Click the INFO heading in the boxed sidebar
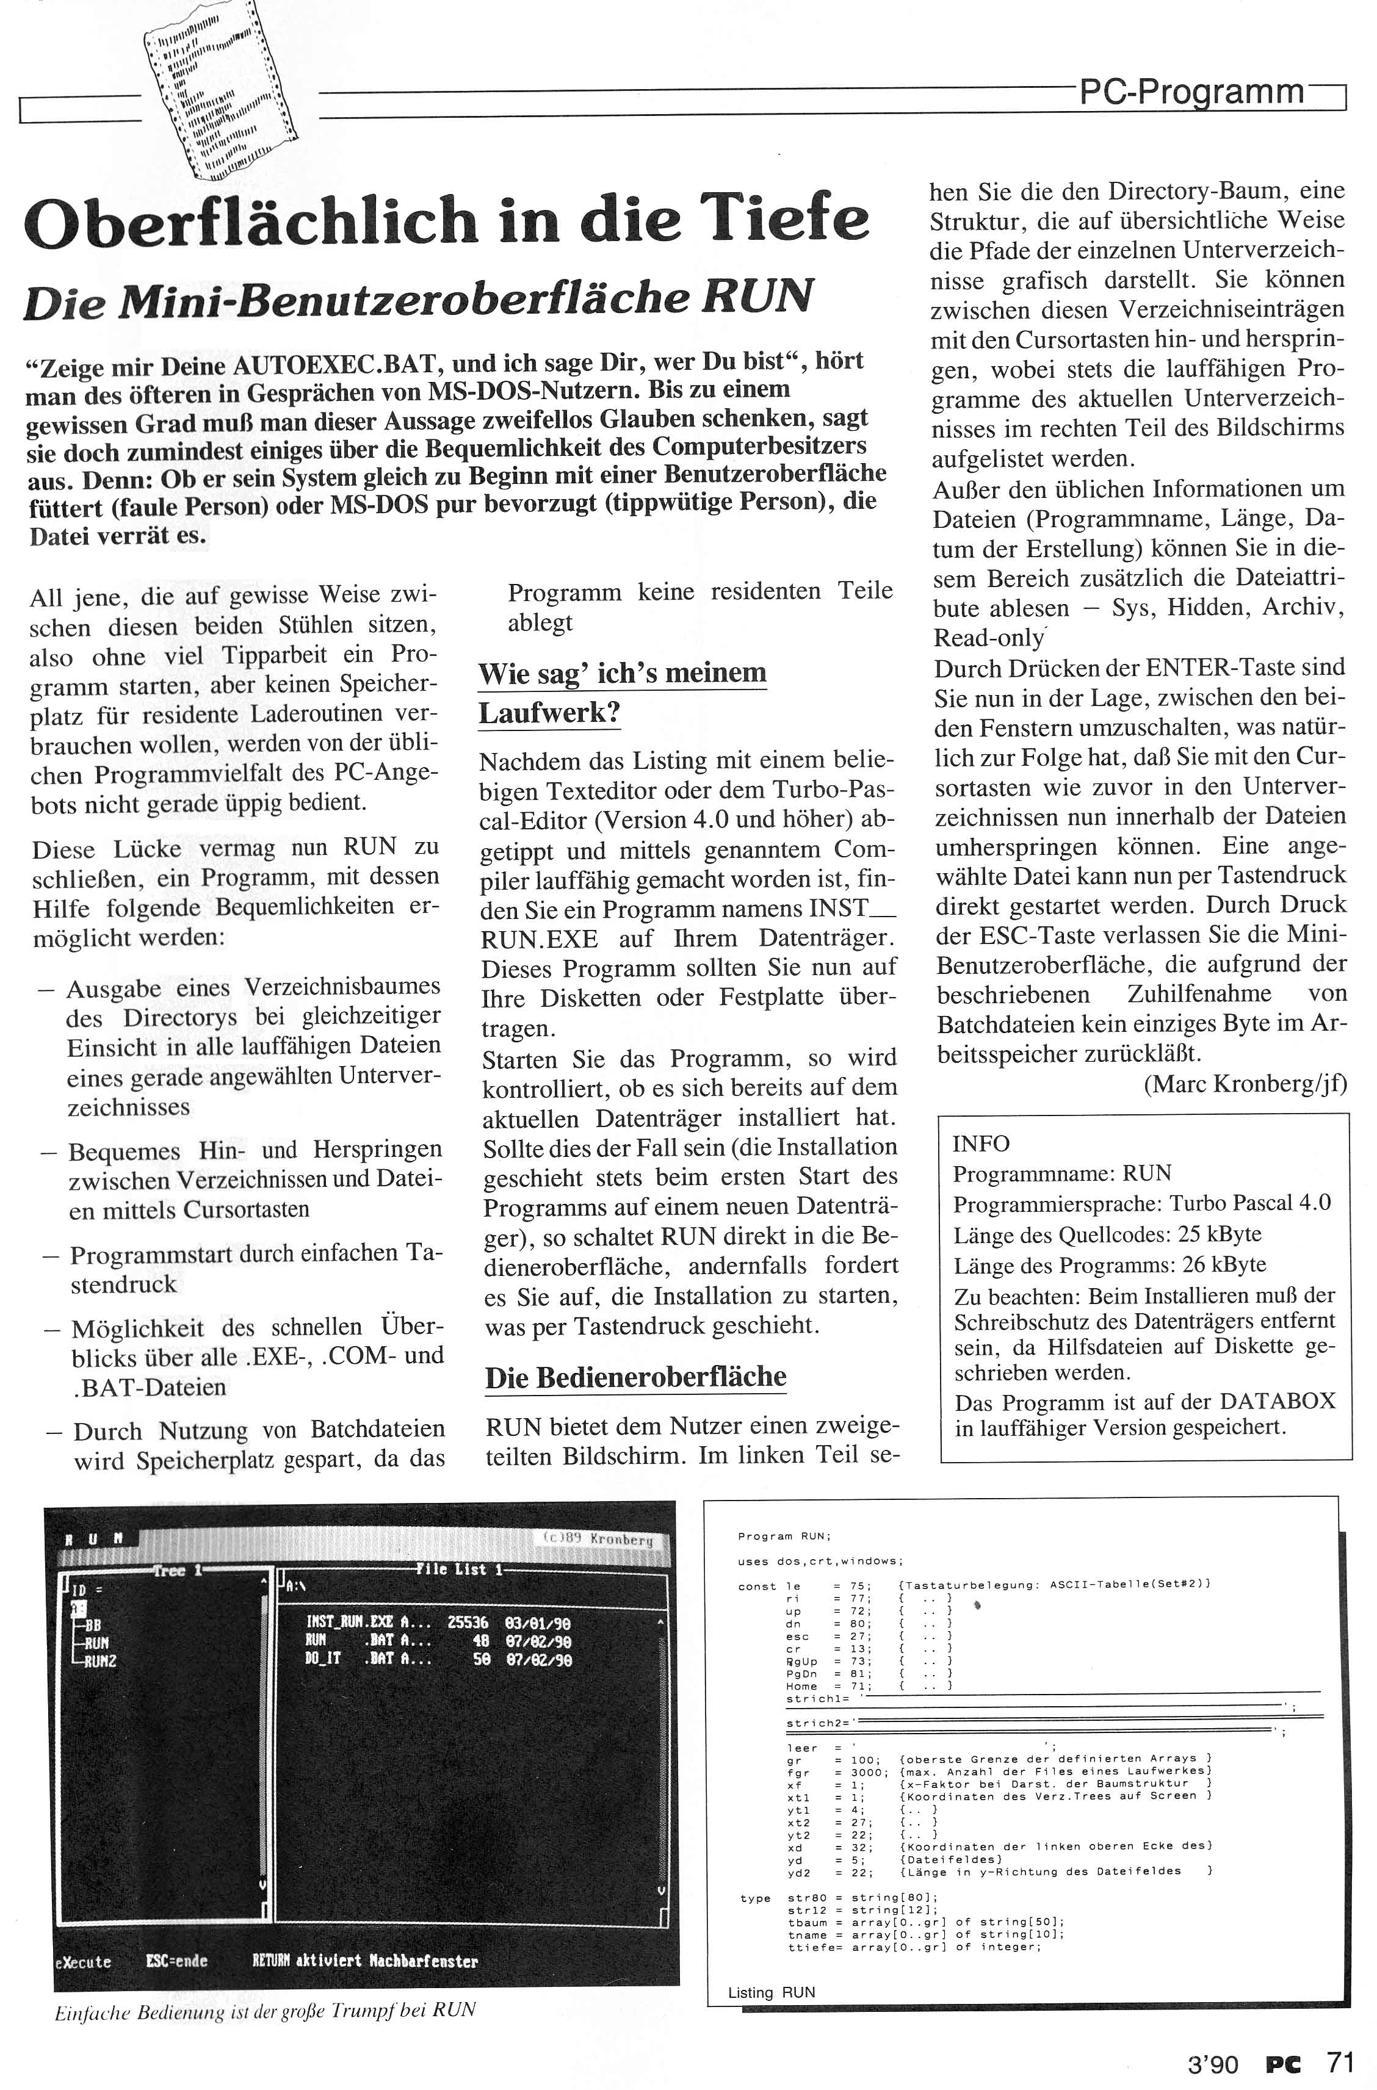pos(981,1144)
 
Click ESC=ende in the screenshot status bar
pos(176,1961)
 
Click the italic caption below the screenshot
pos(264,2010)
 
